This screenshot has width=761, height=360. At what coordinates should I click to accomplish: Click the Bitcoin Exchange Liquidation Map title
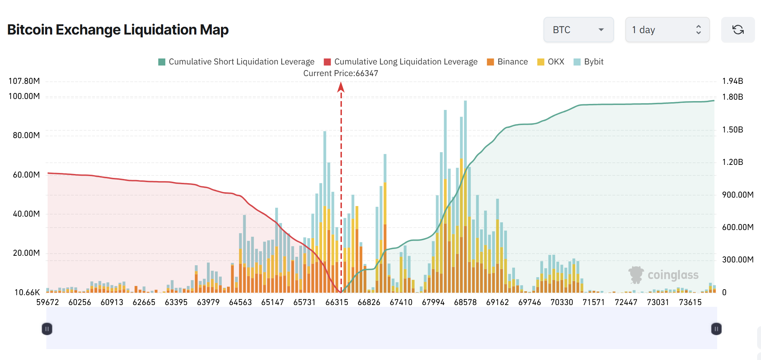coord(118,30)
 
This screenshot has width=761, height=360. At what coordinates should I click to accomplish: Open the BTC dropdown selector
coord(578,30)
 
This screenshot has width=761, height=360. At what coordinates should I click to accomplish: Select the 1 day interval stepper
coord(667,30)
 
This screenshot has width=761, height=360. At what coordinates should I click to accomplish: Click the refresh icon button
coord(738,30)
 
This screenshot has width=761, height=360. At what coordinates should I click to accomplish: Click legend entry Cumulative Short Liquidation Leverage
coord(237,62)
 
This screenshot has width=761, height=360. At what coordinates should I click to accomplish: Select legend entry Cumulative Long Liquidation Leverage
coord(401,62)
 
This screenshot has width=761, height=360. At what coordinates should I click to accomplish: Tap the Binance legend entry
coord(508,62)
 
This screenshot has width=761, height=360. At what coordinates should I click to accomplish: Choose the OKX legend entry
coord(551,62)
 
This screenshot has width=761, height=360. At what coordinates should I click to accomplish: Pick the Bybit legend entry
coord(589,62)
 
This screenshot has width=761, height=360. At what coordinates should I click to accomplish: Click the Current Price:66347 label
coord(340,73)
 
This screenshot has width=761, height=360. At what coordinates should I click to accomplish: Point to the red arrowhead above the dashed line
coord(341,87)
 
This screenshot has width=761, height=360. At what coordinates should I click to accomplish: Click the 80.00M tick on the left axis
coord(26,135)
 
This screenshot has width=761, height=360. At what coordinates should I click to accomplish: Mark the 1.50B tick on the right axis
coord(732,130)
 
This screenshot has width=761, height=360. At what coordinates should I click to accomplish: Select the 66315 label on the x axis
coord(337,302)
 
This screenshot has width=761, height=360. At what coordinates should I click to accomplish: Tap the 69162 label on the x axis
coord(497,302)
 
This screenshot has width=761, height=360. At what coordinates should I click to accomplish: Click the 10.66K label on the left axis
coord(27,292)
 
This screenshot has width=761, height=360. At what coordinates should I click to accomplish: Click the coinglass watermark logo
coord(663,275)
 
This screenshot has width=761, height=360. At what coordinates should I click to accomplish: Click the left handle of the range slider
coord(47,329)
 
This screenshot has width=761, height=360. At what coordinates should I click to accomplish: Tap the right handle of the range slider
coord(716,329)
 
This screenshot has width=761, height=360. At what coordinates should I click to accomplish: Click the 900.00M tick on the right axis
coord(737,195)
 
